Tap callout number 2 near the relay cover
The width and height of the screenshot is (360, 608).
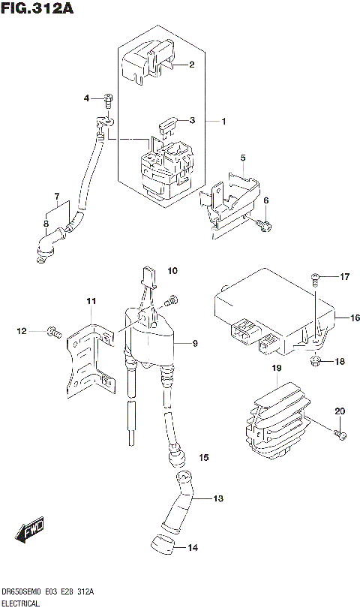(x=191, y=65)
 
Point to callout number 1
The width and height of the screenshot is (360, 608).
(x=223, y=121)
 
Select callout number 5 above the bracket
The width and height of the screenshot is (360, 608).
(x=243, y=158)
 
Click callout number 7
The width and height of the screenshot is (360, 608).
(x=56, y=198)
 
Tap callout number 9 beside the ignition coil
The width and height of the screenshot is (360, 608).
(x=194, y=344)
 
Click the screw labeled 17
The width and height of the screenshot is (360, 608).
(x=315, y=278)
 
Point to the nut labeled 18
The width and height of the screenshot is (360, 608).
(x=316, y=363)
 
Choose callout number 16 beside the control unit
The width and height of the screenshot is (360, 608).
(x=355, y=318)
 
